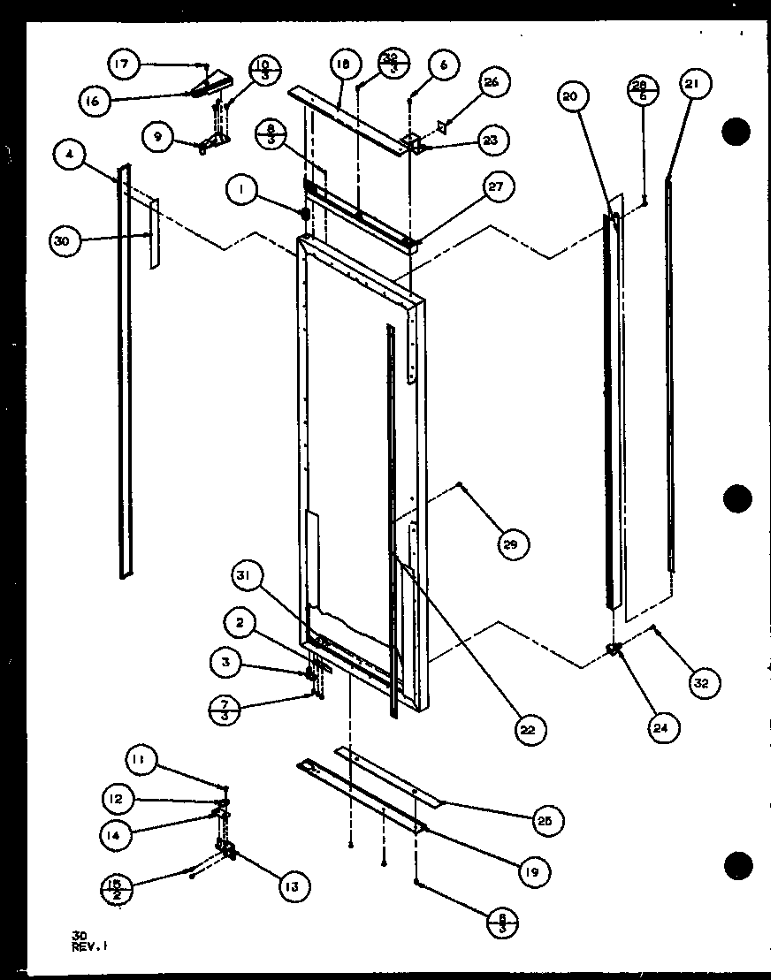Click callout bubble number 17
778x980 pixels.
click(x=122, y=64)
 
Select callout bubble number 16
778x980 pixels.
click(x=95, y=101)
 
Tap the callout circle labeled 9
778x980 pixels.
click(x=157, y=136)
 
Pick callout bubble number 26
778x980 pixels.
click(x=491, y=84)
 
